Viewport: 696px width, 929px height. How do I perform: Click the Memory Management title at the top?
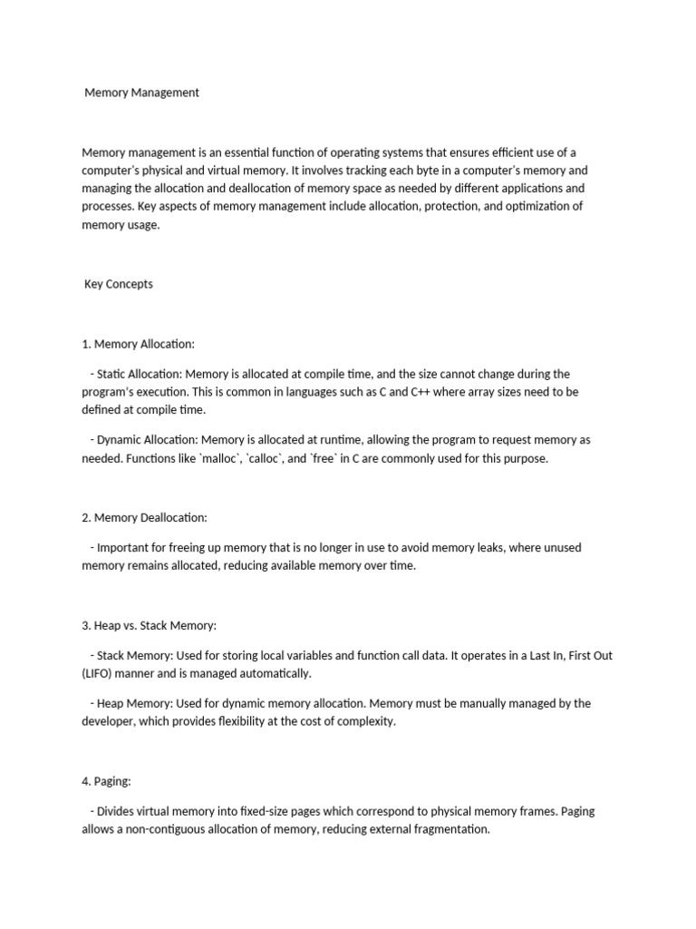[141, 93]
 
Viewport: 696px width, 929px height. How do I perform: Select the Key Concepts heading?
[119, 284]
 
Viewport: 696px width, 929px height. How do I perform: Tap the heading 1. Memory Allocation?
[138, 344]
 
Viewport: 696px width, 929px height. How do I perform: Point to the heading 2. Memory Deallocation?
[144, 517]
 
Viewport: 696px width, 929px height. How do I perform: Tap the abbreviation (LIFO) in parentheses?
[99, 674]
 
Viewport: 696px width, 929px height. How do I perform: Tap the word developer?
[109, 722]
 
